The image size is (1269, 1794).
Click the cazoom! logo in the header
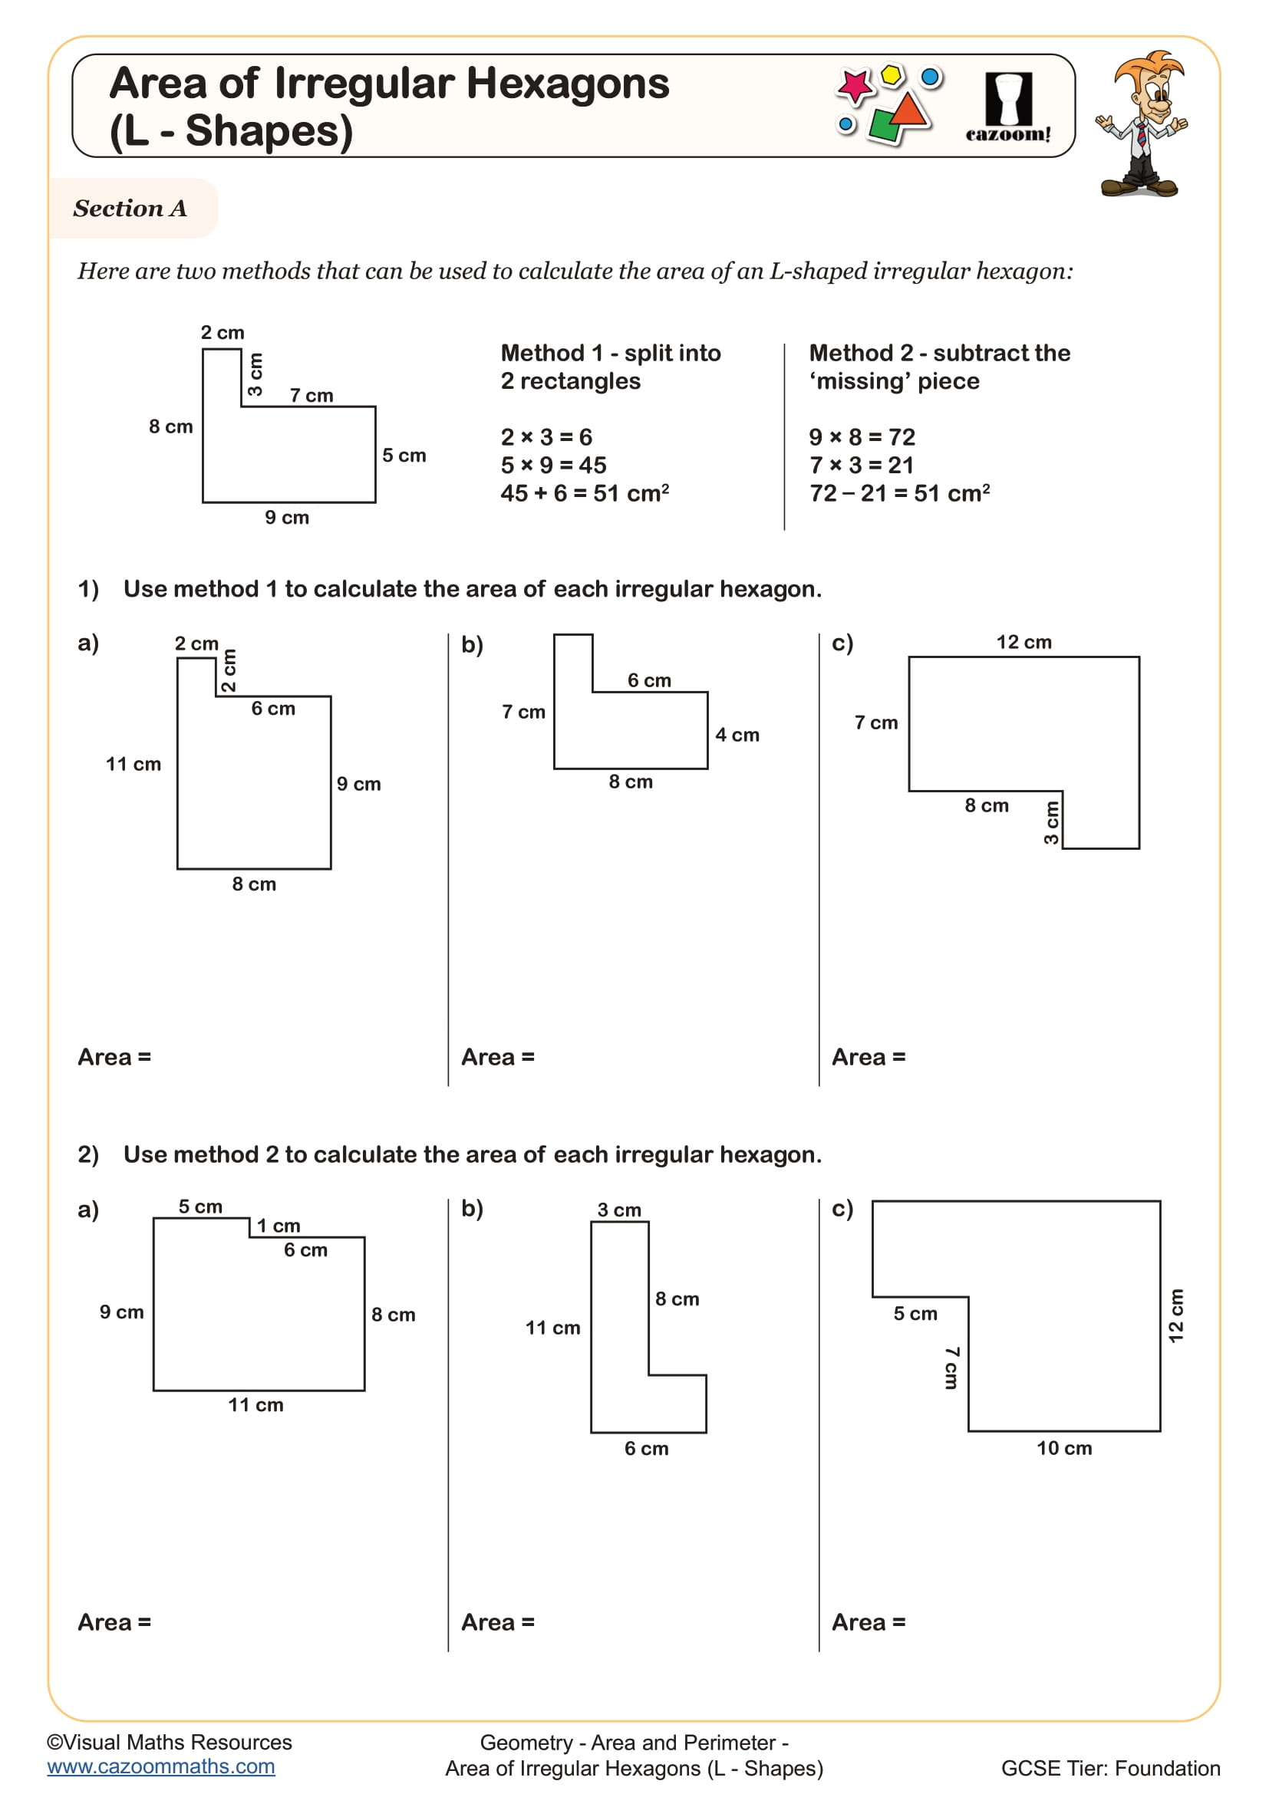tap(1007, 107)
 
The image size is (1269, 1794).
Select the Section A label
tap(130, 209)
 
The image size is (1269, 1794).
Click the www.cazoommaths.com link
tap(161, 1766)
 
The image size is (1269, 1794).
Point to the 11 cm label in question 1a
tap(133, 764)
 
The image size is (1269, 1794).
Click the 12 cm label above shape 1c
tap(1023, 642)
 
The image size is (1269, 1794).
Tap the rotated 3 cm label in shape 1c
tap(1051, 823)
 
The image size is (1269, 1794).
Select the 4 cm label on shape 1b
tap(737, 736)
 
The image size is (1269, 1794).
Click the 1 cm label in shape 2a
tap(279, 1225)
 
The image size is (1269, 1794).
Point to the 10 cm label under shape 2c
tap(1063, 1448)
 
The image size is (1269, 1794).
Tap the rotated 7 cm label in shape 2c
tap(951, 1368)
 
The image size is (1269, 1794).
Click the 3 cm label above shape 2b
tap(619, 1210)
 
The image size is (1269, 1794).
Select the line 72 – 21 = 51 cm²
tap(898, 494)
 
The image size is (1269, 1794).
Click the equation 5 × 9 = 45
tap(553, 466)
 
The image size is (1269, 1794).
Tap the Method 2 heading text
tap(938, 367)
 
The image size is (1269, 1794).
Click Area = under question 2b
tap(498, 1622)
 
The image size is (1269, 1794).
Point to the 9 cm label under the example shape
tap(287, 517)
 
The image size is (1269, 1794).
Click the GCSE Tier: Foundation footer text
tap(1109, 1768)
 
